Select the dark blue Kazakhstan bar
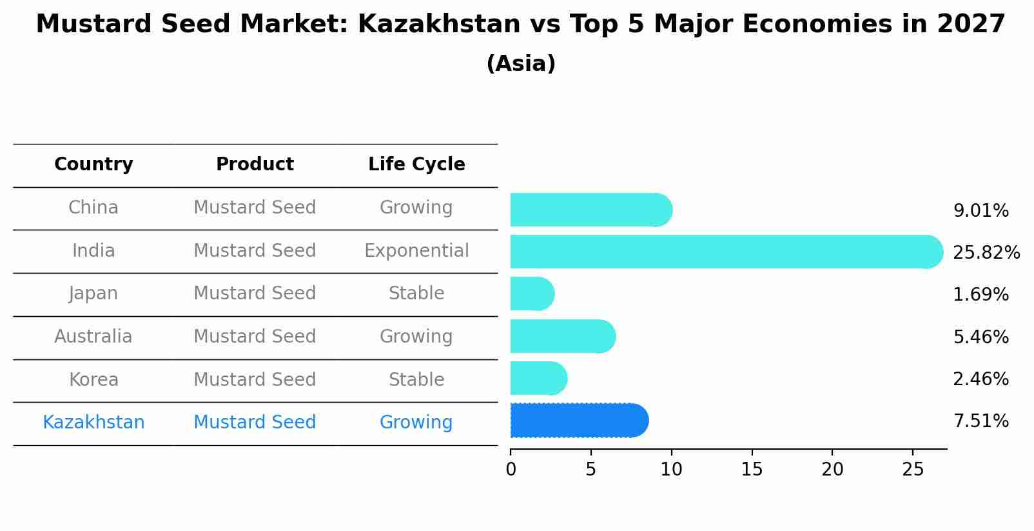578,421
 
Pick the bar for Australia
562,336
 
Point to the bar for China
590,210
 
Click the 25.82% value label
986,252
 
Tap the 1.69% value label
980,295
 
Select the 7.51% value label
980,421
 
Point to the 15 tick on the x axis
752,469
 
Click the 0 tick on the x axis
511,469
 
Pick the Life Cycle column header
416,165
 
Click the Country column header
93,165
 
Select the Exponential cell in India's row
416,250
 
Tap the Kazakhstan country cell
93,422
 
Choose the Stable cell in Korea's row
416,379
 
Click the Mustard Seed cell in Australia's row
255,336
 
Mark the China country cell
93,207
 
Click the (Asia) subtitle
521,64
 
